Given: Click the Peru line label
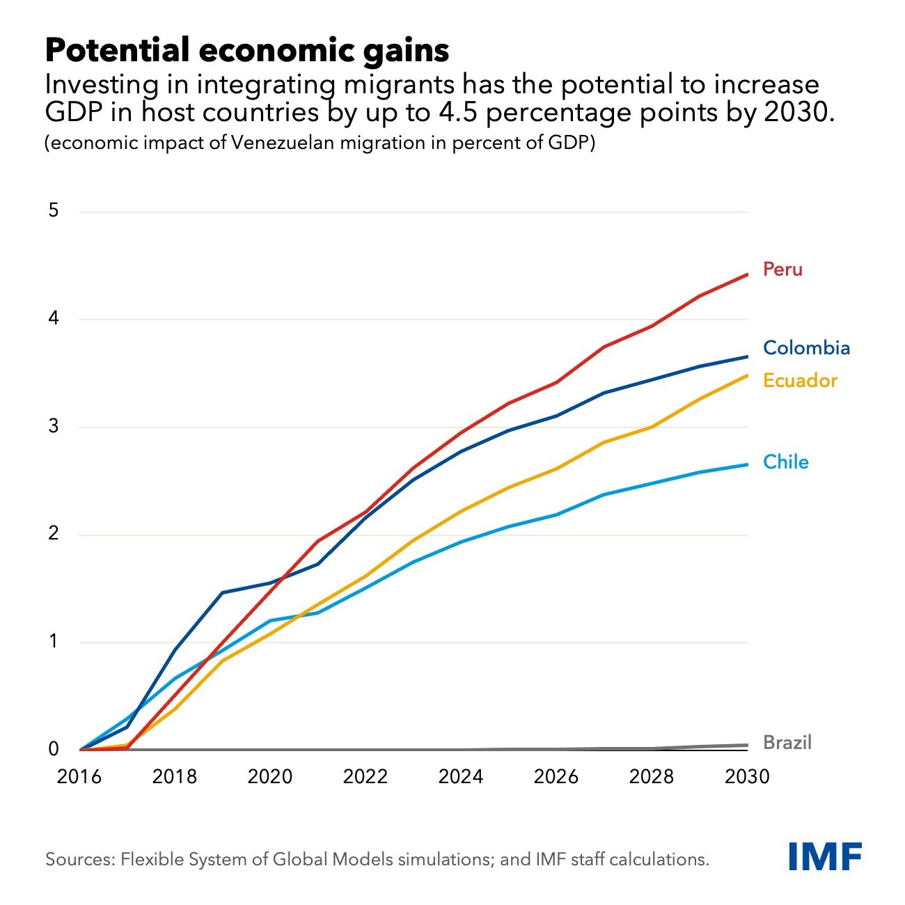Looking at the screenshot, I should coord(782,269).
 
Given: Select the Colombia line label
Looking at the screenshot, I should coord(806,348).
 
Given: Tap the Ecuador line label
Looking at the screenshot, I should coord(800,381).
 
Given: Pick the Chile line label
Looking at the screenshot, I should coord(785,462).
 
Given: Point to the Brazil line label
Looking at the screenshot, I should coord(787,743).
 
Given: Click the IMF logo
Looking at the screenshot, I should coord(825,856).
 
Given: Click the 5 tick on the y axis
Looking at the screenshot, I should coord(54,211).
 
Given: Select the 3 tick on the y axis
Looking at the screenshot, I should coord(54,427).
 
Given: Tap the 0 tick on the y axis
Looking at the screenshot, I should coord(54,750).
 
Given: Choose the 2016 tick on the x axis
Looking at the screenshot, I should coord(79,776).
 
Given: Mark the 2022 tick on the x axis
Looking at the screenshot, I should coord(365,776).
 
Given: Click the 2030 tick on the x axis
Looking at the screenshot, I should coord(747,776).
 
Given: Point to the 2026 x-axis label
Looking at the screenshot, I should coord(556,776).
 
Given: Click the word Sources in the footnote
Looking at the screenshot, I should coord(79,859).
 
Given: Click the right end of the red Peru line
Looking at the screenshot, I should coord(747,275).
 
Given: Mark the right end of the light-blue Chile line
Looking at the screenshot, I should coord(747,465).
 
